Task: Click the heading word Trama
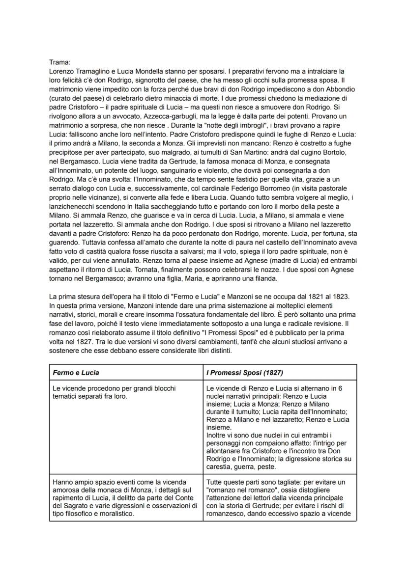click(59, 62)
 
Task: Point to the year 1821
click(302, 298)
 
